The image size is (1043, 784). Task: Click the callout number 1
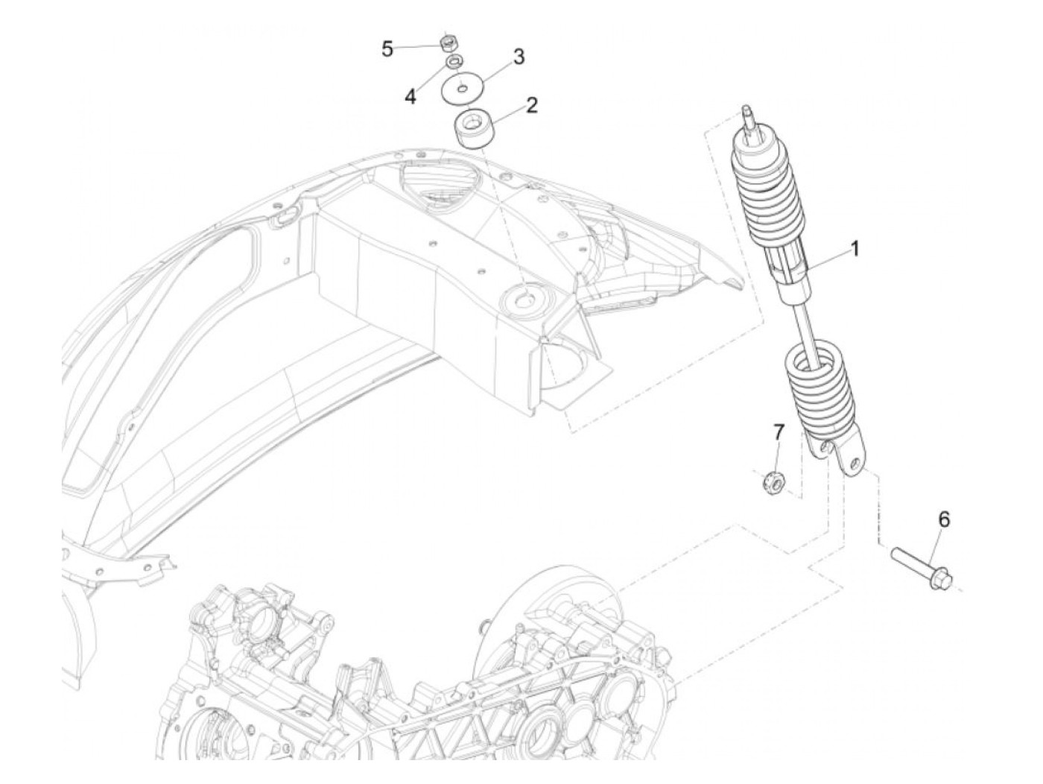pyautogui.click(x=855, y=248)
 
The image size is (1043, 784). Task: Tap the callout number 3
pyautogui.click(x=519, y=57)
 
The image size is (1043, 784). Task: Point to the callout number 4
pyautogui.click(x=410, y=96)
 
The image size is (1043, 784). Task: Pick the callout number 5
pyautogui.click(x=387, y=49)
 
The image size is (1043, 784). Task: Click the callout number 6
pyautogui.click(x=944, y=519)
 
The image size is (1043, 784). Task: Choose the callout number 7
pyautogui.click(x=779, y=432)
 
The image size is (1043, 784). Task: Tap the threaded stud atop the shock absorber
pyautogui.click(x=749, y=116)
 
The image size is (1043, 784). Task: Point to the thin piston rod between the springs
pyautogui.click(x=808, y=328)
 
